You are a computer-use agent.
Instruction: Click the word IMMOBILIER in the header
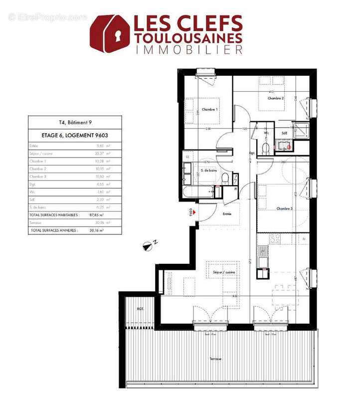pos(188,49)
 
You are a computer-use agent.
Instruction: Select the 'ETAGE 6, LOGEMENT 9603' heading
pos(74,135)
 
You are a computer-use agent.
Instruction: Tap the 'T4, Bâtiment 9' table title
pos(74,122)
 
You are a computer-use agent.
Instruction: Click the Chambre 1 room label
pos(209,109)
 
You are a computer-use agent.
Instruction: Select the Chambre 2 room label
pos(275,98)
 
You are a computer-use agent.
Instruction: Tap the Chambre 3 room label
pos(284,209)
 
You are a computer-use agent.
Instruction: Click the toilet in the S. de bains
pos(225,178)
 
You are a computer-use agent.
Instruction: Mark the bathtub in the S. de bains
pos(203,192)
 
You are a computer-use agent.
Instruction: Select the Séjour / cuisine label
pos(224,273)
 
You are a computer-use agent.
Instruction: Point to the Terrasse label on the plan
pos(216,359)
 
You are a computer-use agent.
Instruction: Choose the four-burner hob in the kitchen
pos(274,239)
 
